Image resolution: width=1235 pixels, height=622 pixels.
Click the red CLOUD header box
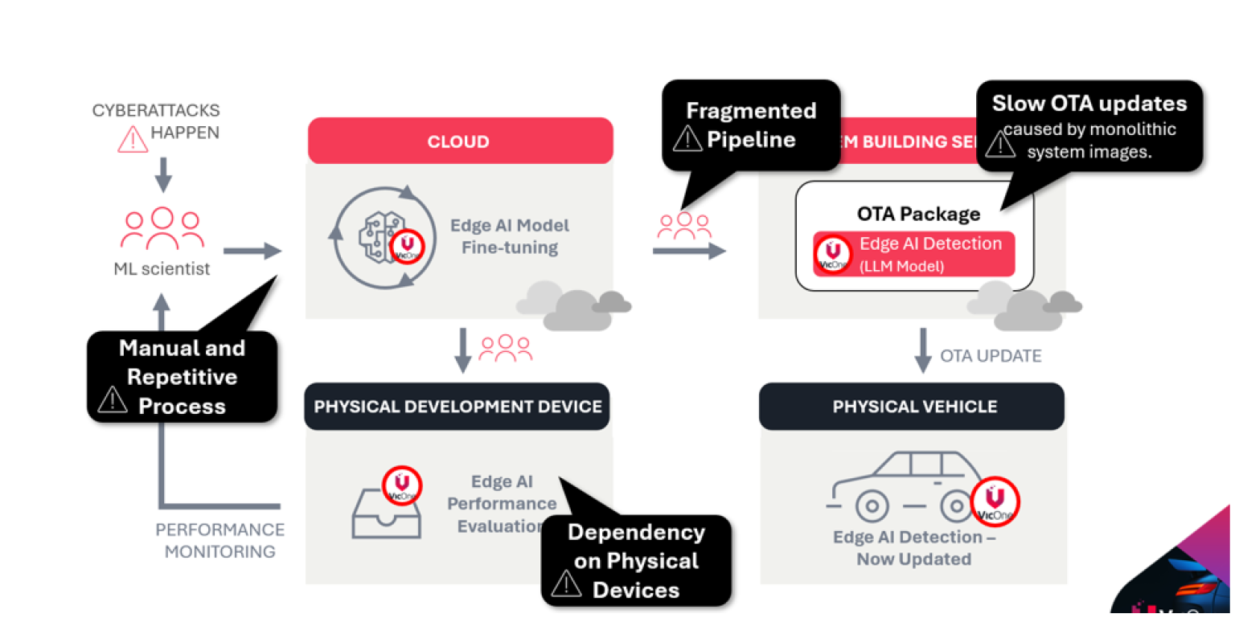[459, 141]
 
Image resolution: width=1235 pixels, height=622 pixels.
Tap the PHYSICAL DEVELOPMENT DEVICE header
[457, 406]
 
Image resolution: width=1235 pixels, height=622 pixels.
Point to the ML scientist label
[162, 268]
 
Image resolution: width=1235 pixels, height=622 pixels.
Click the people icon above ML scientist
[162, 229]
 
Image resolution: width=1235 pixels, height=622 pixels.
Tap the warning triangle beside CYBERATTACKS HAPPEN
[132, 138]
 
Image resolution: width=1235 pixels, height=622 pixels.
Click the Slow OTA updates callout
[1089, 126]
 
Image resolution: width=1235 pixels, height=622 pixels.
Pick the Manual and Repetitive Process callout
[182, 377]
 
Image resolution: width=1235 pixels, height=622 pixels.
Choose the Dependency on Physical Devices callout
[636, 560]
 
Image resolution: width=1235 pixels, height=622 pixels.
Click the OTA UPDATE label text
[991, 355]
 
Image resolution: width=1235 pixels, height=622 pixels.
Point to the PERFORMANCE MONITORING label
[220, 541]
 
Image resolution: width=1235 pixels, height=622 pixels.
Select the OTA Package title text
[918, 214]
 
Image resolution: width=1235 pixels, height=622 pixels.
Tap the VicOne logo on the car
[995, 502]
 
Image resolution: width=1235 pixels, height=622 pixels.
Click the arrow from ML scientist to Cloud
[252, 252]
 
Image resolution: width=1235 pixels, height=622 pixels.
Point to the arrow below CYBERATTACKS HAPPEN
[163, 174]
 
